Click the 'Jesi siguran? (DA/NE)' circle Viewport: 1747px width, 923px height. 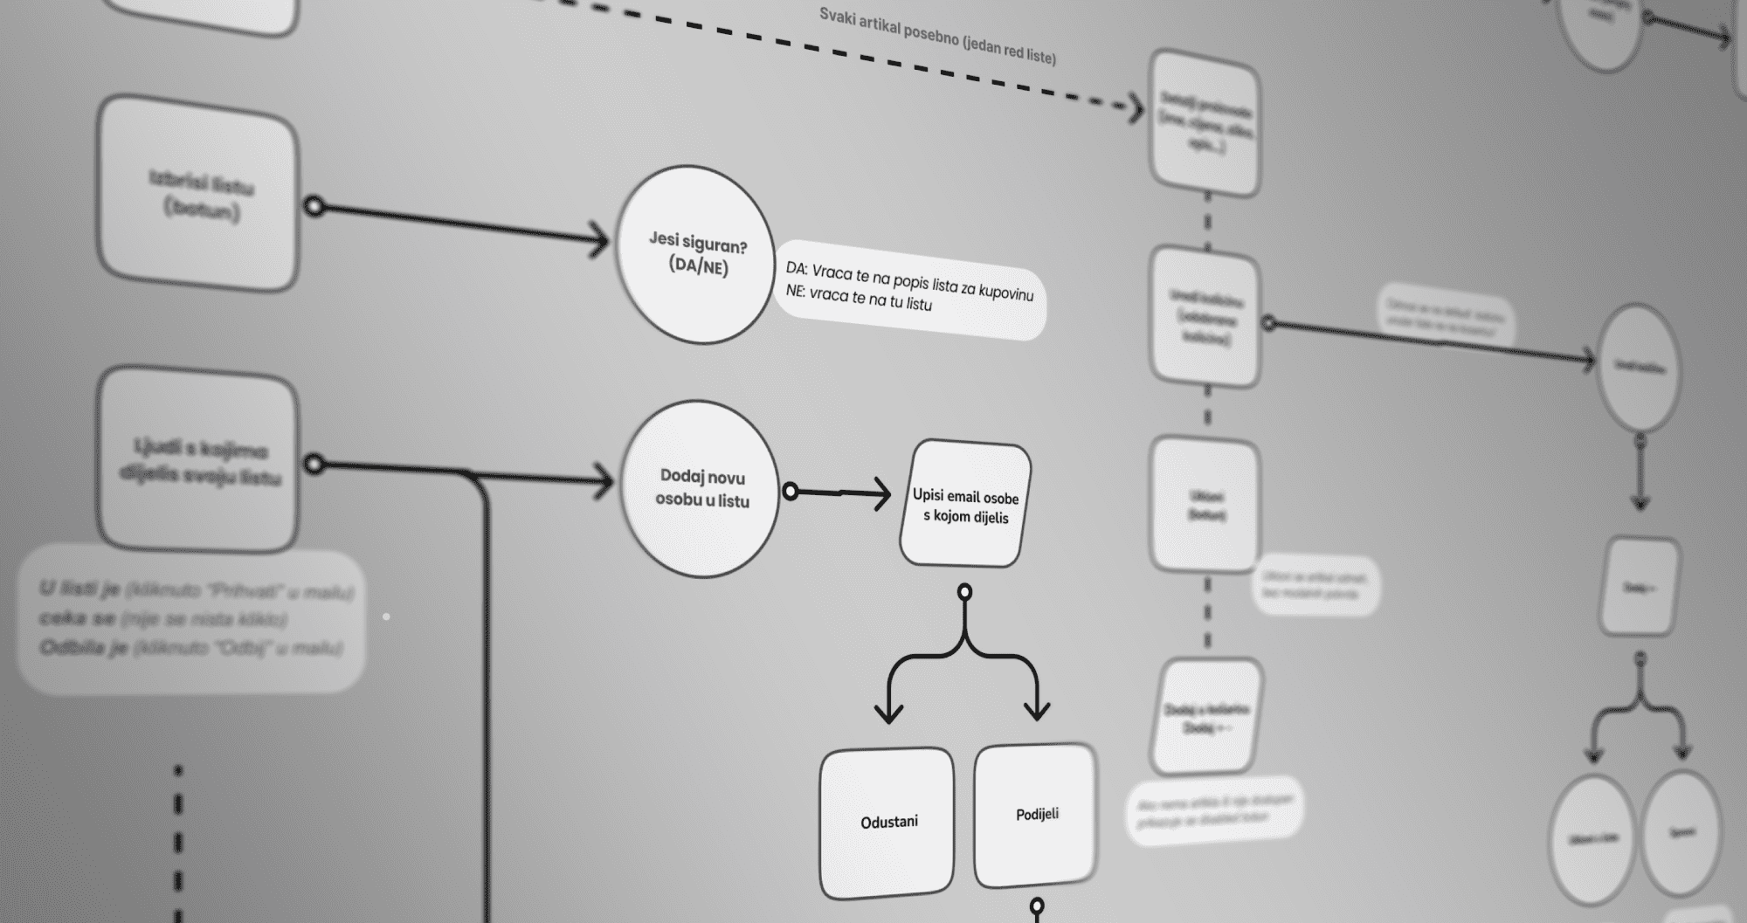click(x=695, y=254)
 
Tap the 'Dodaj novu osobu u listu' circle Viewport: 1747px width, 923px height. click(x=700, y=489)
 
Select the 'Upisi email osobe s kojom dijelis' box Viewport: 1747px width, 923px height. click(x=965, y=505)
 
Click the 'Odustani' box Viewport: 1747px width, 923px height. click(x=887, y=822)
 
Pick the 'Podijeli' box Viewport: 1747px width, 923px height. click(x=1036, y=815)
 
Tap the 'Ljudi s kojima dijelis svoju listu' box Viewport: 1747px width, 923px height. click(x=199, y=461)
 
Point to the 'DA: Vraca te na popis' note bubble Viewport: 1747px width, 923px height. click(x=908, y=288)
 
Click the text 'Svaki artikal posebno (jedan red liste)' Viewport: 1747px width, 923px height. click(x=937, y=37)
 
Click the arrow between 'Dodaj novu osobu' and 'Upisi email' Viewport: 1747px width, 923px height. click(x=839, y=493)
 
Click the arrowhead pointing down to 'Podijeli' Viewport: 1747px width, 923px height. click(x=1037, y=709)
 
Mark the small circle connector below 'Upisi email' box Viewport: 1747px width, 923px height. click(x=964, y=593)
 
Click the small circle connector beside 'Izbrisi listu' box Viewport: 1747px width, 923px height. click(x=314, y=207)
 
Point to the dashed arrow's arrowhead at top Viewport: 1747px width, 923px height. click(x=1136, y=109)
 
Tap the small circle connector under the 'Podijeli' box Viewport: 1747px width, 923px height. click(x=1037, y=906)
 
